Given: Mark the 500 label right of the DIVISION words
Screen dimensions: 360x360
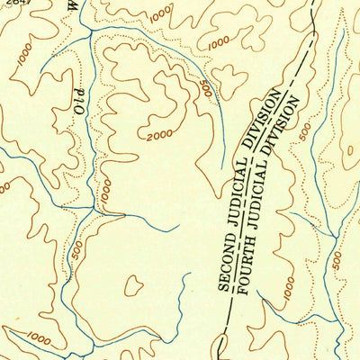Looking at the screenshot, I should [306, 132].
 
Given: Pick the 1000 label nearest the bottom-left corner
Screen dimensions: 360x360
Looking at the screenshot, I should [38, 337].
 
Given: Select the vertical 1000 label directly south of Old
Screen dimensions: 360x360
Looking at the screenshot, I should [104, 191].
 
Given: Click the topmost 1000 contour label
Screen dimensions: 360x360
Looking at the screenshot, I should [160, 14].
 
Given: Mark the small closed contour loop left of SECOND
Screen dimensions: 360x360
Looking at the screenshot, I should [133, 286].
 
